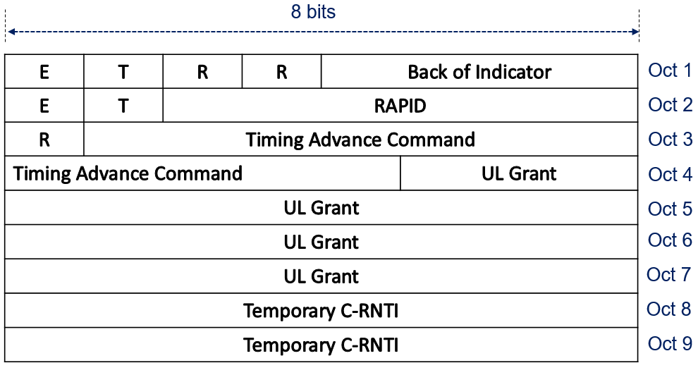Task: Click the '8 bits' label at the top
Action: click(313, 11)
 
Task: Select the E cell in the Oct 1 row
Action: click(44, 72)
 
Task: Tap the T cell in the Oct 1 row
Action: click(123, 72)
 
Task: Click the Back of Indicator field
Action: click(479, 72)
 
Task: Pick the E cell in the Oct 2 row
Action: click(44, 106)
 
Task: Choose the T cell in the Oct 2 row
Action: click(123, 106)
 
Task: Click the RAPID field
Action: click(400, 106)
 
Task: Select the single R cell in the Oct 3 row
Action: click(44, 140)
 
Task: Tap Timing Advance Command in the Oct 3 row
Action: click(360, 140)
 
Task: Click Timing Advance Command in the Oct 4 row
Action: click(202, 173)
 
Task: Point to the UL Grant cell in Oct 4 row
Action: click(519, 173)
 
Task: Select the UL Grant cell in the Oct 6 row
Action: click(322, 242)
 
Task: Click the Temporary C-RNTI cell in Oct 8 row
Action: click(322, 310)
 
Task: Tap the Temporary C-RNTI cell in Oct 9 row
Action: click(322, 345)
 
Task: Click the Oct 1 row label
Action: click(670, 70)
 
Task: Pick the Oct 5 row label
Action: click(670, 209)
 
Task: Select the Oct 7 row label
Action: click(668, 274)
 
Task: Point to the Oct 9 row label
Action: click(670, 343)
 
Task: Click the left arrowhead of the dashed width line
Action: click(12, 32)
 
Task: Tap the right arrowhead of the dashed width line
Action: click(635, 32)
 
